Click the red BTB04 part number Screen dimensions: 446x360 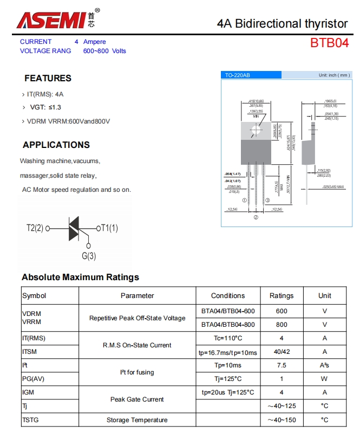click(x=329, y=43)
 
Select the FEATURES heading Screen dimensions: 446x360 click(x=48, y=78)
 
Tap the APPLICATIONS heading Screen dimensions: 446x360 click(x=56, y=145)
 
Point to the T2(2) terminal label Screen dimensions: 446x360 click(x=35, y=228)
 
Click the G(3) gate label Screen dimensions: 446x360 click(x=89, y=256)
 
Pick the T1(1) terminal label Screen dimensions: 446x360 click(x=107, y=228)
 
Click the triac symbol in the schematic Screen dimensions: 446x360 click(x=74, y=228)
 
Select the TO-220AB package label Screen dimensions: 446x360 click(x=238, y=75)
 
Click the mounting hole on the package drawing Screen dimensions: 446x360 click(x=256, y=129)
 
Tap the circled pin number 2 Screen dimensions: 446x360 click(x=256, y=217)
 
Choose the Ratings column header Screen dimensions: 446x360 click(x=282, y=295)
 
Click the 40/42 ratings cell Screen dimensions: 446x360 click(x=282, y=352)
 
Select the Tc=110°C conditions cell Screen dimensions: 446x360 click(x=228, y=338)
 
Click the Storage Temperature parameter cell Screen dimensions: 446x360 click(x=137, y=420)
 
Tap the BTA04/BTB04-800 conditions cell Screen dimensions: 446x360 click(x=228, y=325)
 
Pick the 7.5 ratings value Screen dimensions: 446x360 click(x=282, y=365)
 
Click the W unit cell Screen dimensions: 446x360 click(x=325, y=379)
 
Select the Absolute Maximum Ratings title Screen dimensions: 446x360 click(x=80, y=277)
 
